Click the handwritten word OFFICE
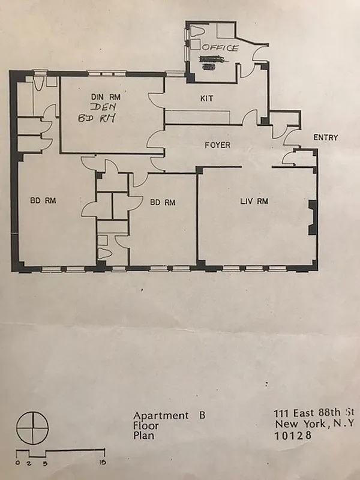(x=220, y=47)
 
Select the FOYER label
(x=217, y=145)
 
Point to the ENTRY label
(x=325, y=137)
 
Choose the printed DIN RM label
(x=106, y=97)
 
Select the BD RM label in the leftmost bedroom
(x=43, y=201)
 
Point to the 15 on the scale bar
(x=103, y=463)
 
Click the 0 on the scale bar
(x=19, y=463)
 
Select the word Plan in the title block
(x=143, y=436)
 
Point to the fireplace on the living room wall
(x=311, y=218)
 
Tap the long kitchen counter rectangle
(x=198, y=117)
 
